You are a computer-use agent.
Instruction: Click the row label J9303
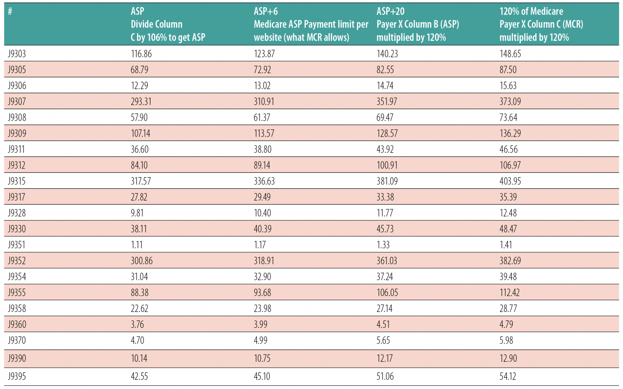click(17, 54)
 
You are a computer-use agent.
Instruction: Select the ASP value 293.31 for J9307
click(141, 101)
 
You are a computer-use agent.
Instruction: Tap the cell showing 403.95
click(510, 181)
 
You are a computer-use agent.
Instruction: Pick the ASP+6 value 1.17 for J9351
click(260, 245)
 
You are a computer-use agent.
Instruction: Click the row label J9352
click(17, 260)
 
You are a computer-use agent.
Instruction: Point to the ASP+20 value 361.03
click(387, 260)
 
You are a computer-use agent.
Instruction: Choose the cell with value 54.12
click(507, 376)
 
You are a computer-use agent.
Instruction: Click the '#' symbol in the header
click(10, 11)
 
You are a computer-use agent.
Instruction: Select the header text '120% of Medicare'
click(531, 11)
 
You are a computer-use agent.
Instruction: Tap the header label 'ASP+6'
click(266, 11)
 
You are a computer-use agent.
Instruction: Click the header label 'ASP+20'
click(390, 11)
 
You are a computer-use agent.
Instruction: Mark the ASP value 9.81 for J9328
click(137, 213)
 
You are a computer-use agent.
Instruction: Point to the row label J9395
click(17, 376)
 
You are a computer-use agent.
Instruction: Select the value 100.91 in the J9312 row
click(387, 165)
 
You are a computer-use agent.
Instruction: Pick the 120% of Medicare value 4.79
click(506, 324)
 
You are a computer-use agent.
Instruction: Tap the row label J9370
click(17, 340)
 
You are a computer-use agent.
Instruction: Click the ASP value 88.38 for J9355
click(140, 292)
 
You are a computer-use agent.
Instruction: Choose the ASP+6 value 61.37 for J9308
click(262, 117)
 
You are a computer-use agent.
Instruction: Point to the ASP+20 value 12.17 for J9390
click(385, 358)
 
